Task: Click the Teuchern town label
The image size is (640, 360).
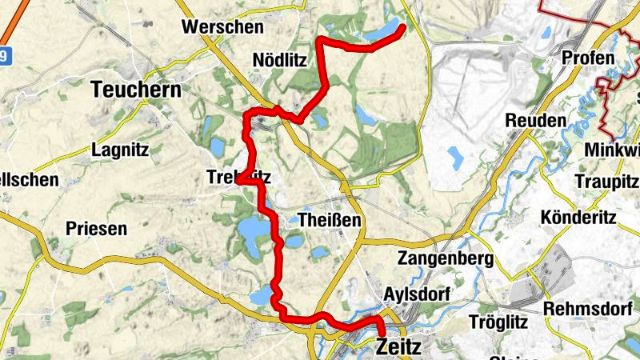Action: [x=137, y=90]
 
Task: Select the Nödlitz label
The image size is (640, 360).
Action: [x=279, y=60]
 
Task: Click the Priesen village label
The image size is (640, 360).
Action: [x=96, y=229]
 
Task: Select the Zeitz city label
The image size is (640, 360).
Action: [x=398, y=346]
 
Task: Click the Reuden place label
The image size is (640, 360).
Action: [x=536, y=120]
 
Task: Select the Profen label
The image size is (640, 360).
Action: [x=588, y=58]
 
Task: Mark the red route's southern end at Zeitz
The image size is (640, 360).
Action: [x=382, y=333]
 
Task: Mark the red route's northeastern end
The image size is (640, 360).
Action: [x=403, y=28]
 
